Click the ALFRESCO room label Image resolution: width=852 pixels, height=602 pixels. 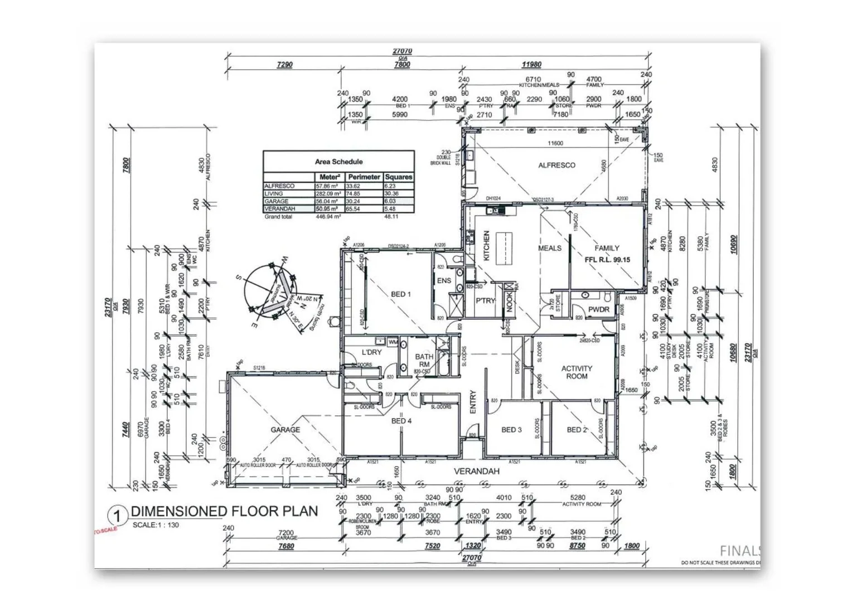click(x=556, y=166)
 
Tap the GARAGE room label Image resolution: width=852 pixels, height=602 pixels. click(x=285, y=430)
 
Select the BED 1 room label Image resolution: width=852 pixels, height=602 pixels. click(x=400, y=294)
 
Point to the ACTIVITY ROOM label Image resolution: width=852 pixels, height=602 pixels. click(x=577, y=372)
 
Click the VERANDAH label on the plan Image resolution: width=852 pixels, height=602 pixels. click(x=476, y=472)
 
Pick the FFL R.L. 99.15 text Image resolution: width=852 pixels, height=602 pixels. click(x=607, y=260)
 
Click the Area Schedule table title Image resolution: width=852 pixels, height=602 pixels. click(x=338, y=162)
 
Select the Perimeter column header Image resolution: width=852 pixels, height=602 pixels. click(x=364, y=177)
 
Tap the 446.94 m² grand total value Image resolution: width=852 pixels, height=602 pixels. click(x=329, y=217)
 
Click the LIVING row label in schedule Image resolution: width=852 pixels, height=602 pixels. click(x=274, y=193)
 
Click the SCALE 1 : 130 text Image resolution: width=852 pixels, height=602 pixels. click(x=156, y=525)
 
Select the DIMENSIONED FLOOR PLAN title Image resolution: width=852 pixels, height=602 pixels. click(x=224, y=511)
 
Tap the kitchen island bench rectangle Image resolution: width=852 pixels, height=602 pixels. click(x=504, y=249)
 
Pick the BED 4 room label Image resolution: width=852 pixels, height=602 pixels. click(x=401, y=421)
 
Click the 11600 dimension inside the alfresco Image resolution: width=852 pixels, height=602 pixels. click(x=555, y=143)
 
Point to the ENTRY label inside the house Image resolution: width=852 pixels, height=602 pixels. click(x=473, y=401)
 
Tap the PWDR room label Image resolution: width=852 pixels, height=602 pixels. click(x=598, y=309)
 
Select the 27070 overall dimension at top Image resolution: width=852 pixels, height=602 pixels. click(x=402, y=51)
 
